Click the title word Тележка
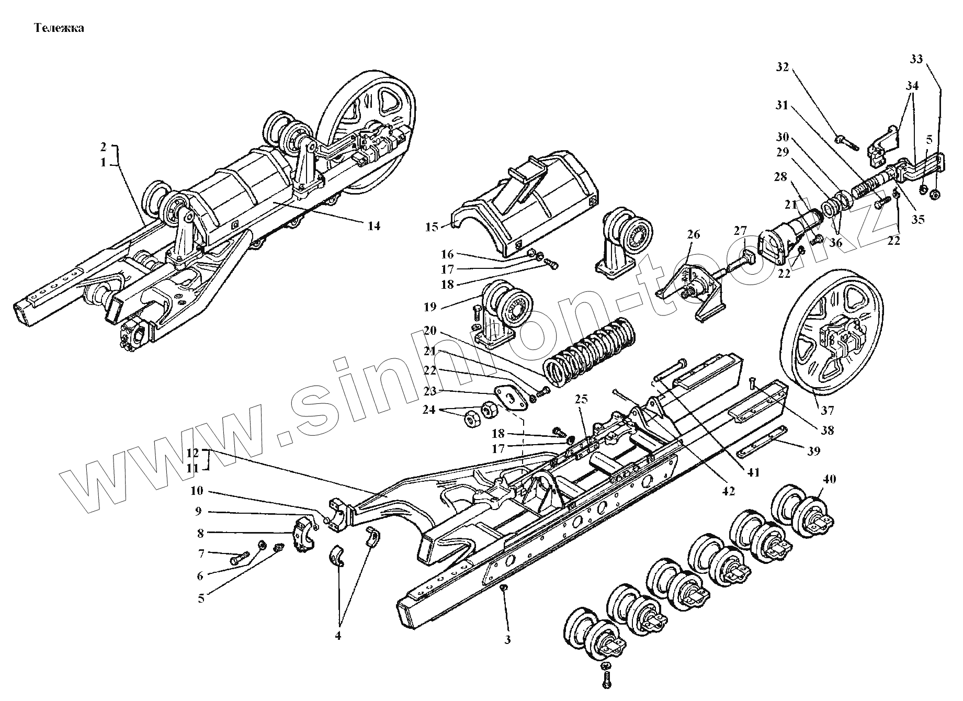click(x=59, y=28)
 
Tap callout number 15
click(x=432, y=227)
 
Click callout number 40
click(x=830, y=478)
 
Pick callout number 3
click(x=507, y=639)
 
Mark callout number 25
click(x=581, y=400)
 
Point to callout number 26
click(x=693, y=235)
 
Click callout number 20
click(x=430, y=331)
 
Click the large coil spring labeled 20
click(x=588, y=354)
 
